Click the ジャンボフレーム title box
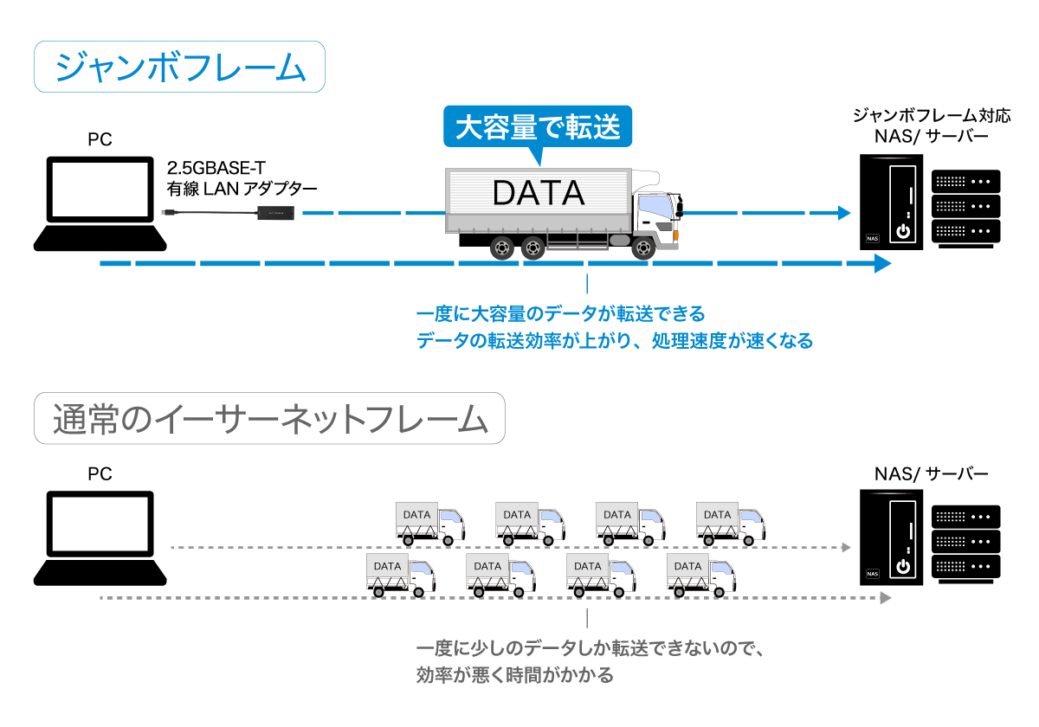pos(179,68)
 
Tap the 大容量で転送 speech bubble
pos(538,127)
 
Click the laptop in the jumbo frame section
pos(100,203)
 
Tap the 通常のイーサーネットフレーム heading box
pos(269,420)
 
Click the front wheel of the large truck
pos(642,248)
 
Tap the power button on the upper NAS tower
pos(904,232)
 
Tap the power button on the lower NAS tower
pos(904,567)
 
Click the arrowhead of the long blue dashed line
pos(882,263)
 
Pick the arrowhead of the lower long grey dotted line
pos(885,598)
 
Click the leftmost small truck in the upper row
pos(429,523)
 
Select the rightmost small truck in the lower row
pos(700,576)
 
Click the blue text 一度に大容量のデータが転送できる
pos(561,312)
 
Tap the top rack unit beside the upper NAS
pos(966,182)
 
